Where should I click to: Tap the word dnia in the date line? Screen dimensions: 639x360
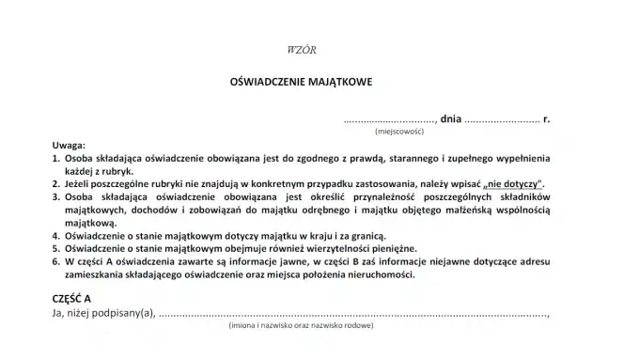(451, 120)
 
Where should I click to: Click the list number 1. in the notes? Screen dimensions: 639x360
(57, 160)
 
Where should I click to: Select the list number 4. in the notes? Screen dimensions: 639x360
(57, 237)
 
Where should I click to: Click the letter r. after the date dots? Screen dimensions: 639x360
(547, 120)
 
